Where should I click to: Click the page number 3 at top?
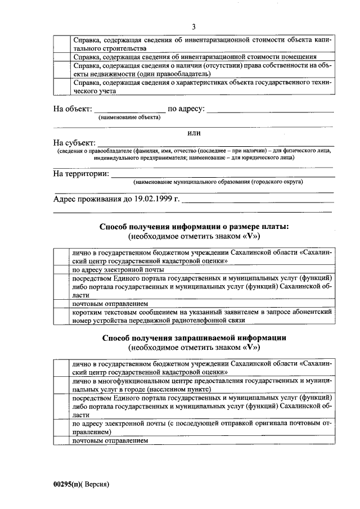pyautogui.click(x=193, y=27)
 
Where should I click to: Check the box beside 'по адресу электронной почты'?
pyautogui.click(x=60, y=269)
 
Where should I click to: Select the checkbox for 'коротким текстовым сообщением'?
pyautogui.click(x=60, y=316)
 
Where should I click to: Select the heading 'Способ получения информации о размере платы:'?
pyautogui.click(x=194, y=226)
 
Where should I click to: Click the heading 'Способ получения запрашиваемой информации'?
pyautogui.click(x=194, y=338)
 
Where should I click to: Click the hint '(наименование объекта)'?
pyautogui.click(x=129, y=118)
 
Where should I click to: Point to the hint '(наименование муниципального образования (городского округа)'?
pyautogui.click(x=218, y=182)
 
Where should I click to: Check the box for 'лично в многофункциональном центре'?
pyautogui.click(x=60, y=385)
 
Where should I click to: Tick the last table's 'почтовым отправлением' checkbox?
pyautogui.click(x=60, y=440)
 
